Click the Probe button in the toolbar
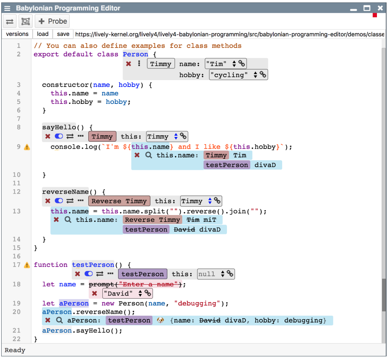(x=52, y=21)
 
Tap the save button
(x=62, y=34)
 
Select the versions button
(x=17, y=34)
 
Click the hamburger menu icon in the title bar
(x=7, y=8)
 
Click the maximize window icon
(x=367, y=8)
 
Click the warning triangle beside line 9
(x=27, y=147)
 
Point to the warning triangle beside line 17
(x=27, y=265)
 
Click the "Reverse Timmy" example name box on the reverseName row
(x=119, y=201)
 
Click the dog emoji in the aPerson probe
(x=160, y=321)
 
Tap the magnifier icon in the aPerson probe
(x=59, y=321)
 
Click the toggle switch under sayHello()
(x=59, y=137)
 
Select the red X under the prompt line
(x=94, y=293)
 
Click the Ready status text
(x=15, y=350)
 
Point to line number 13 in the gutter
(x=17, y=211)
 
